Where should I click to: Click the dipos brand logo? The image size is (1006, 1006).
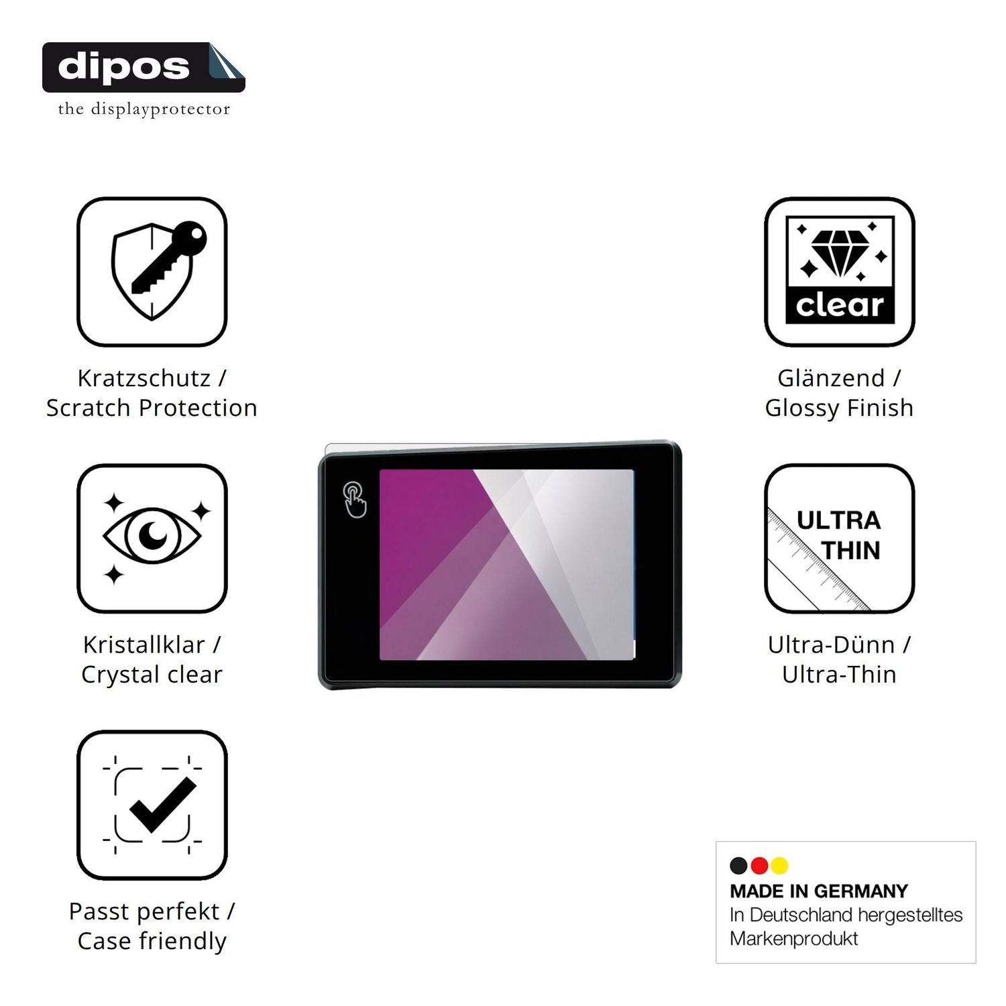144,67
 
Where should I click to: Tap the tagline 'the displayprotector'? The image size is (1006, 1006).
144,109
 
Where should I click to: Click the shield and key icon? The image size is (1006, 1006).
159,270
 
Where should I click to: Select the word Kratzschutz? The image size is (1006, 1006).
144,378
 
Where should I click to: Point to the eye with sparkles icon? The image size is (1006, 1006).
152,537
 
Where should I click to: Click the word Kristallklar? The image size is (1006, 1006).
144,645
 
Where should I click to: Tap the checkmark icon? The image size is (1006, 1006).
162,805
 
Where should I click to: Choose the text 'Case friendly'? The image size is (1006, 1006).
152,941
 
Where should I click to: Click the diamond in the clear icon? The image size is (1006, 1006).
840,254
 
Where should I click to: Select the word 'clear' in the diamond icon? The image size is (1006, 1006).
840,306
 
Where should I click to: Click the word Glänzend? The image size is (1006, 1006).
831,378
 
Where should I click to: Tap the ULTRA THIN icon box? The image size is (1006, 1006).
840,538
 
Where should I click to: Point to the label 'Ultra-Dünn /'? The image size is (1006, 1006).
839,645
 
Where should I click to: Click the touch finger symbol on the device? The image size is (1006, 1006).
355,500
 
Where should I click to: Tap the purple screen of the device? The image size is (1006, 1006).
507,565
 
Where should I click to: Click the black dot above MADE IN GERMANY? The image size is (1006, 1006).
738,866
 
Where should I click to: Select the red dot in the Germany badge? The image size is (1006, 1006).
759,866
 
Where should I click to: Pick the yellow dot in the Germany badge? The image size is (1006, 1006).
779,866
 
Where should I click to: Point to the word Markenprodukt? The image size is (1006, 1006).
794,939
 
